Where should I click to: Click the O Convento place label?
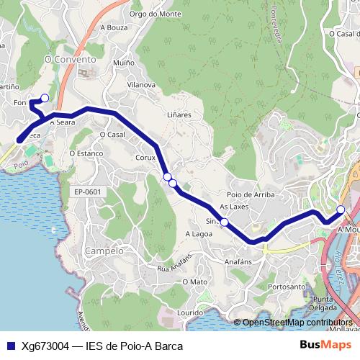70,60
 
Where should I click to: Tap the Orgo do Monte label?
156,14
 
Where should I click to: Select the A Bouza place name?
113,27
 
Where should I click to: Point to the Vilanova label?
140,85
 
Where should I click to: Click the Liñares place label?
179,114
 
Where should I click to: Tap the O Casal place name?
112,135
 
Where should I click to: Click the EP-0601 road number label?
88,192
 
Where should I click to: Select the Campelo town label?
104,251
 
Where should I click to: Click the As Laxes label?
233,207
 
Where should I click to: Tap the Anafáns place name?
238,262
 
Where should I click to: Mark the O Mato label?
194,282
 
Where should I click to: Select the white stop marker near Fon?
45,98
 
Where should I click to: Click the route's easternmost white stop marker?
341,210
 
